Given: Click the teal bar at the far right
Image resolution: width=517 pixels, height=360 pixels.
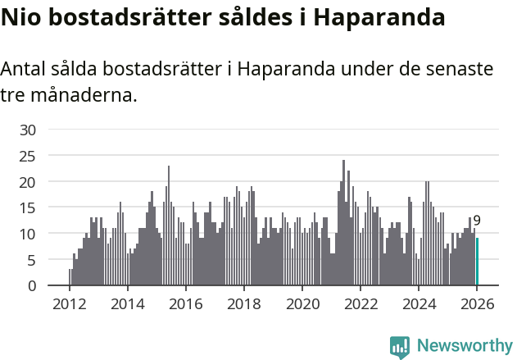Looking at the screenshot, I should (477, 262).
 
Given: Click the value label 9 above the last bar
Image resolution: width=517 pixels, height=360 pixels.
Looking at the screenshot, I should (477, 221).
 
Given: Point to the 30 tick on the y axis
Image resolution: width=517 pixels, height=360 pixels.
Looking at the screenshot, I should (28, 130).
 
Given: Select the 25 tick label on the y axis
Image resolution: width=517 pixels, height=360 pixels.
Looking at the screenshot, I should (28, 156).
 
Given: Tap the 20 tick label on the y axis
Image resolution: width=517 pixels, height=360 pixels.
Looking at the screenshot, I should (28, 182).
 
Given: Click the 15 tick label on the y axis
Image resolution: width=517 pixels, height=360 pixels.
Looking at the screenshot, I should (28, 207).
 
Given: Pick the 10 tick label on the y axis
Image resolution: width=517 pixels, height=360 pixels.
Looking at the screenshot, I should (28, 234).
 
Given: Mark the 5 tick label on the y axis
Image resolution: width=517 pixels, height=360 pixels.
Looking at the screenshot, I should (32, 260).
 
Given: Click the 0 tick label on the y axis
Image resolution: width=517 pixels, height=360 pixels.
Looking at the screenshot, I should (32, 286).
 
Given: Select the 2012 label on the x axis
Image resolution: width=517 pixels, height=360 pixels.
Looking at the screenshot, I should (70, 303).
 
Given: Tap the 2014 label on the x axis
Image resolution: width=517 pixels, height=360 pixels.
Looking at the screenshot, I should (128, 303).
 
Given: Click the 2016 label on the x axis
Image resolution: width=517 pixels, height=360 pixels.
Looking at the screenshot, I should (186, 303).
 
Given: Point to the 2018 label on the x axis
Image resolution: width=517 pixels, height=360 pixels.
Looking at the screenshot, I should (244, 303).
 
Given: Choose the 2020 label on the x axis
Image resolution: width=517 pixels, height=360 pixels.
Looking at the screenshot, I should (302, 303).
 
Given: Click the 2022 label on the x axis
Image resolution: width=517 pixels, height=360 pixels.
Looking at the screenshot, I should (361, 303).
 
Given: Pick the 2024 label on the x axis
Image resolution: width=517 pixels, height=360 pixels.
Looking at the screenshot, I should (419, 303).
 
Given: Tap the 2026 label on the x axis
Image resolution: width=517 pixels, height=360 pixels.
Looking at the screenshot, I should (477, 303).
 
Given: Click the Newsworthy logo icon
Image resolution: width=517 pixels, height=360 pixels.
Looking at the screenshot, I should (400, 346).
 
